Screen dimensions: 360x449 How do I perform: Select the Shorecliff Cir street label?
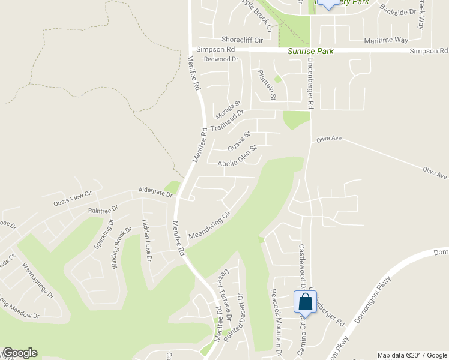pos(243,40)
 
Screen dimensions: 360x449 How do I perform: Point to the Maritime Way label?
pos(387,40)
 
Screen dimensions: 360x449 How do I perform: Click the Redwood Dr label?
pos(221,59)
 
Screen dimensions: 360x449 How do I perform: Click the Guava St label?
pos(238,142)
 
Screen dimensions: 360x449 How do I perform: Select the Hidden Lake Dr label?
pos(146,239)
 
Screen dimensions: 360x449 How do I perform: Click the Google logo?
pos(20,353)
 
